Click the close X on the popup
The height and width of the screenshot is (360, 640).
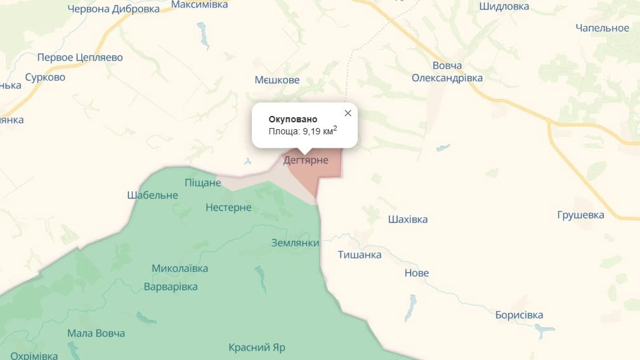tap(348, 113)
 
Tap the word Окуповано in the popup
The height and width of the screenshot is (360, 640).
tap(292, 119)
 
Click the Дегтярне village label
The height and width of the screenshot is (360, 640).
tap(306, 160)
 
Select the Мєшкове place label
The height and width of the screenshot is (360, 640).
tap(277, 80)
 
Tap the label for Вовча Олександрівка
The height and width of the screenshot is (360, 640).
tap(447, 72)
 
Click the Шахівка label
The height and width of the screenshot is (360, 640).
tap(408, 219)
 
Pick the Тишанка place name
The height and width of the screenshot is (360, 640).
tap(360, 255)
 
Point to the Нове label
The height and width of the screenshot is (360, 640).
tap(417, 273)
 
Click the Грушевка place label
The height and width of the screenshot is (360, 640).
tap(580, 215)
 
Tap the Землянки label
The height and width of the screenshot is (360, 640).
tap(295, 243)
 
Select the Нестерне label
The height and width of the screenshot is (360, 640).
tap(228, 207)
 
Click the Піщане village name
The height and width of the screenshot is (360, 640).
tap(202, 183)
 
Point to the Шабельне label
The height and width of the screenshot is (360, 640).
tap(152, 195)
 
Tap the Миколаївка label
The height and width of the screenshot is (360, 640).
tap(180, 268)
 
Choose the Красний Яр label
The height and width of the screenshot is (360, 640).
tap(257, 348)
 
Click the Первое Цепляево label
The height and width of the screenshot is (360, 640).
tap(80, 58)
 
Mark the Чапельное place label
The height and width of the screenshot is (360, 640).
tap(602, 28)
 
